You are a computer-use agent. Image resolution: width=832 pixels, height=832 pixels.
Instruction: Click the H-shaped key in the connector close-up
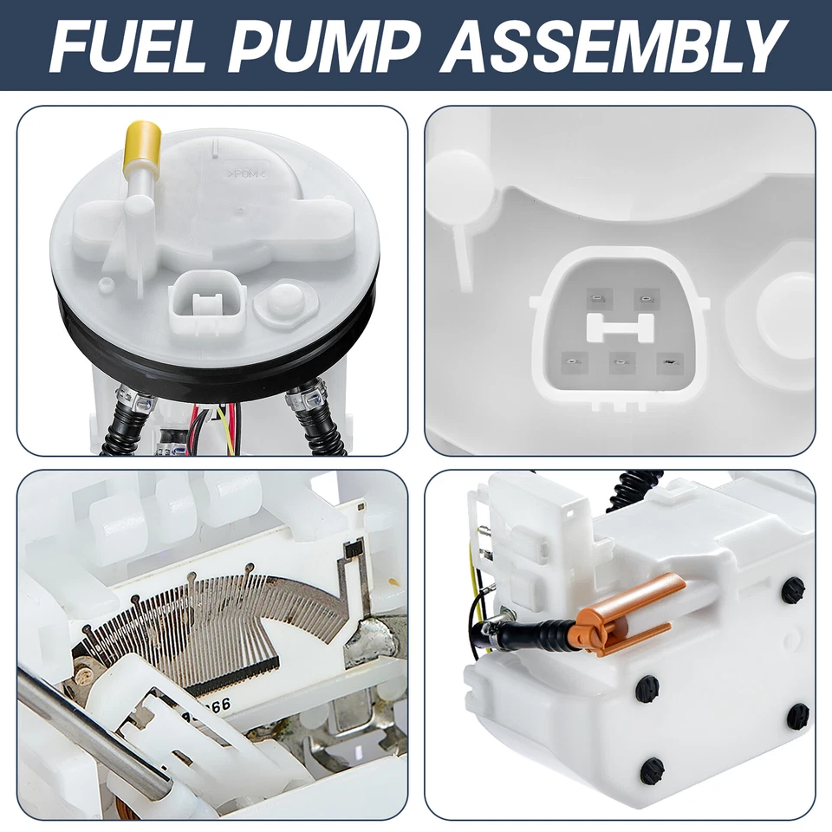coord(620,327)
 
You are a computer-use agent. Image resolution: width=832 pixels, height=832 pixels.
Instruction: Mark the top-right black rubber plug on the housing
coord(792,590)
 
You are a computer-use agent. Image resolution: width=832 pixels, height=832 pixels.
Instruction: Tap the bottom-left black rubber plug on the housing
coord(652,770)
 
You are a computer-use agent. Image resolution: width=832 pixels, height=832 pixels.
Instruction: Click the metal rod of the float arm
coord(87,737)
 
